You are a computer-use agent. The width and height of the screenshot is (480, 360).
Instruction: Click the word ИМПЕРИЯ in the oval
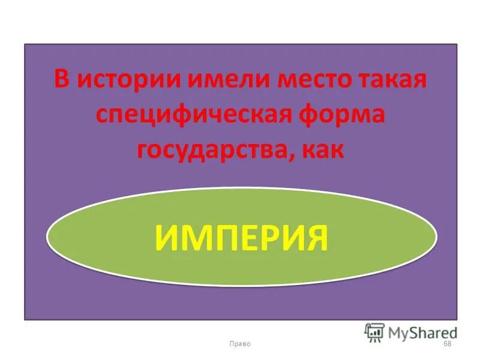241,237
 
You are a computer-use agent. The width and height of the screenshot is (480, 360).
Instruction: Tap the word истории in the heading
122,80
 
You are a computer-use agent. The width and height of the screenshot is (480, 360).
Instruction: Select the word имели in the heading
214,80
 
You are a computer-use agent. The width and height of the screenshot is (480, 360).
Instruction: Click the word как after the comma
324,149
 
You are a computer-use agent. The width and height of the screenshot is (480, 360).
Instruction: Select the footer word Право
240,343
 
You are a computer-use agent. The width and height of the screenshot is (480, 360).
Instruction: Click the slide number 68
446,343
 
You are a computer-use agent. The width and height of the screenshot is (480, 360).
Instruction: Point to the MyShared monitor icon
374,331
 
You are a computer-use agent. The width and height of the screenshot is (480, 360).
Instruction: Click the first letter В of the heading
60,80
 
